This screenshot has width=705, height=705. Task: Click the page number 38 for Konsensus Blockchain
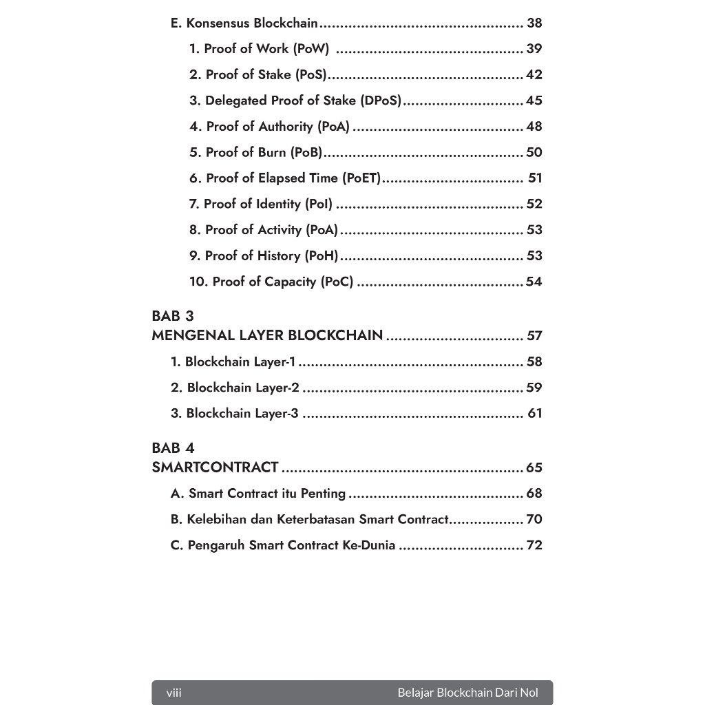pyautogui.click(x=534, y=23)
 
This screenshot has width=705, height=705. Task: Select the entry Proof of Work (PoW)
pyautogui.click(x=260, y=49)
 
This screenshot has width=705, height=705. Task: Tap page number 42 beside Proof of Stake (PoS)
pyautogui.click(x=534, y=75)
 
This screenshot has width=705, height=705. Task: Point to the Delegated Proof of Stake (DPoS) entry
pyautogui.click(x=295, y=101)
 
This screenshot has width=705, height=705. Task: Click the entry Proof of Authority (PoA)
pyautogui.click(x=270, y=127)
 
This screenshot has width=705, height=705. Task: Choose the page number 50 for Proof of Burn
pyautogui.click(x=534, y=152)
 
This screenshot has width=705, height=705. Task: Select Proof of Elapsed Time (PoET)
pyautogui.click(x=285, y=178)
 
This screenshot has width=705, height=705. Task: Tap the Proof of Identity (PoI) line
pyautogui.click(x=261, y=204)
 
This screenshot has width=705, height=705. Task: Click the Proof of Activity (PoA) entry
pyautogui.click(x=264, y=230)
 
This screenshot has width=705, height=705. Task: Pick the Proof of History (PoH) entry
pyautogui.click(x=264, y=256)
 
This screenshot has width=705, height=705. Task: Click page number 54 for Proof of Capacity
pyautogui.click(x=534, y=282)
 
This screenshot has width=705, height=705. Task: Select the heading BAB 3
pyautogui.click(x=173, y=317)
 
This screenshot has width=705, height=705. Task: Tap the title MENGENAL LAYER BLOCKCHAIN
pyautogui.click(x=267, y=336)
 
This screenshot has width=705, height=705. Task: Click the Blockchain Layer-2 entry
pyautogui.click(x=235, y=388)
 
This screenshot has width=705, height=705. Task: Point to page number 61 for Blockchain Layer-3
pyautogui.click(x=535, y=414)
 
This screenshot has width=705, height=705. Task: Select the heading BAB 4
pyautogui.click(x=173, y=448)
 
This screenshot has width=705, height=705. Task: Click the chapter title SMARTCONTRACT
pyautogui.click(x=215, y=468)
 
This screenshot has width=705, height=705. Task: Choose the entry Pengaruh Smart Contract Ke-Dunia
pyautogui.click(x=283, y=545)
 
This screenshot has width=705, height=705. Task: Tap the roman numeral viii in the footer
pyautogui.click(x=174, y=693)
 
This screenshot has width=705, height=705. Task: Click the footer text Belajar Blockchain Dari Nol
pyautogui.click(x=467, y=693)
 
